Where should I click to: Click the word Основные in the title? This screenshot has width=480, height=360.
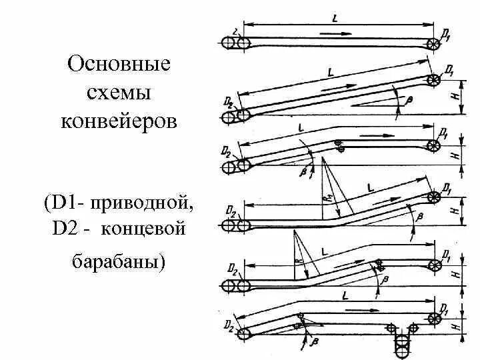(x=120, y=65)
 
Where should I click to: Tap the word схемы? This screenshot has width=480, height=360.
(x=120, y=94)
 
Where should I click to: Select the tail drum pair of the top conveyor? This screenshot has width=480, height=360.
(x=237, y=43)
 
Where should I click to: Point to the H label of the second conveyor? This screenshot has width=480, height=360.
(x=454, y=97)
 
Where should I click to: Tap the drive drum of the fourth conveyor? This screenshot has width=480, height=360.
(x=435, y=198)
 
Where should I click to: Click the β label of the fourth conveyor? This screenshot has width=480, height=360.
(x=419, y=217)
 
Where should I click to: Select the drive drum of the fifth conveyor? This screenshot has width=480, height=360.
(x=435, y=265)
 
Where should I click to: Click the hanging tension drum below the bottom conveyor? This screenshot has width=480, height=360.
(x=402, y=348)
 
